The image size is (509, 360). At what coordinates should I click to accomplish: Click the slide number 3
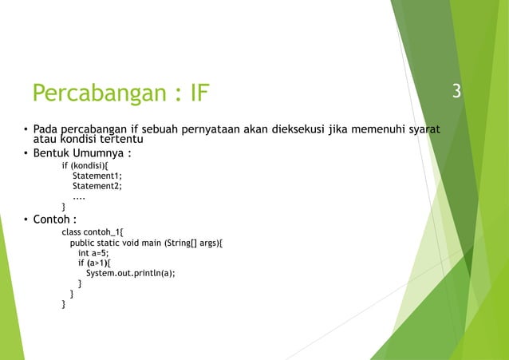click(456, 92)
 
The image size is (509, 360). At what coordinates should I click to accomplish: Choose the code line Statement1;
click(97, 176)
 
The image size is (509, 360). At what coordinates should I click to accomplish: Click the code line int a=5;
click(93, 252)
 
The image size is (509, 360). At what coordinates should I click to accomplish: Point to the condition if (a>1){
click(95, 263)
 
